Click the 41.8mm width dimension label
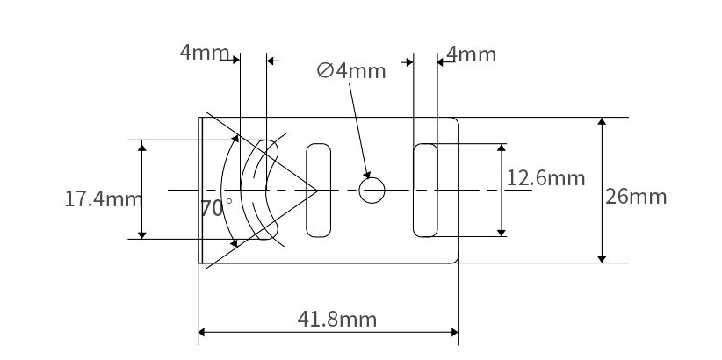(x=337, y=319)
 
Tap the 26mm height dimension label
(x=636, y=197)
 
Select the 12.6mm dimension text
(x=545, y=177)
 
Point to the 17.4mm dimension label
(x=103, y=199)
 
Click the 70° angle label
(x=216, y=209)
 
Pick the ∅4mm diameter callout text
(x=351, y=71)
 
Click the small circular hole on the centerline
(x=372, y=191)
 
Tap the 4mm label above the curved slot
(x=205, y=53)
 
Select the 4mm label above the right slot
(x=471, y=54)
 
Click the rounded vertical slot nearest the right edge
(x=425, y=191)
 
